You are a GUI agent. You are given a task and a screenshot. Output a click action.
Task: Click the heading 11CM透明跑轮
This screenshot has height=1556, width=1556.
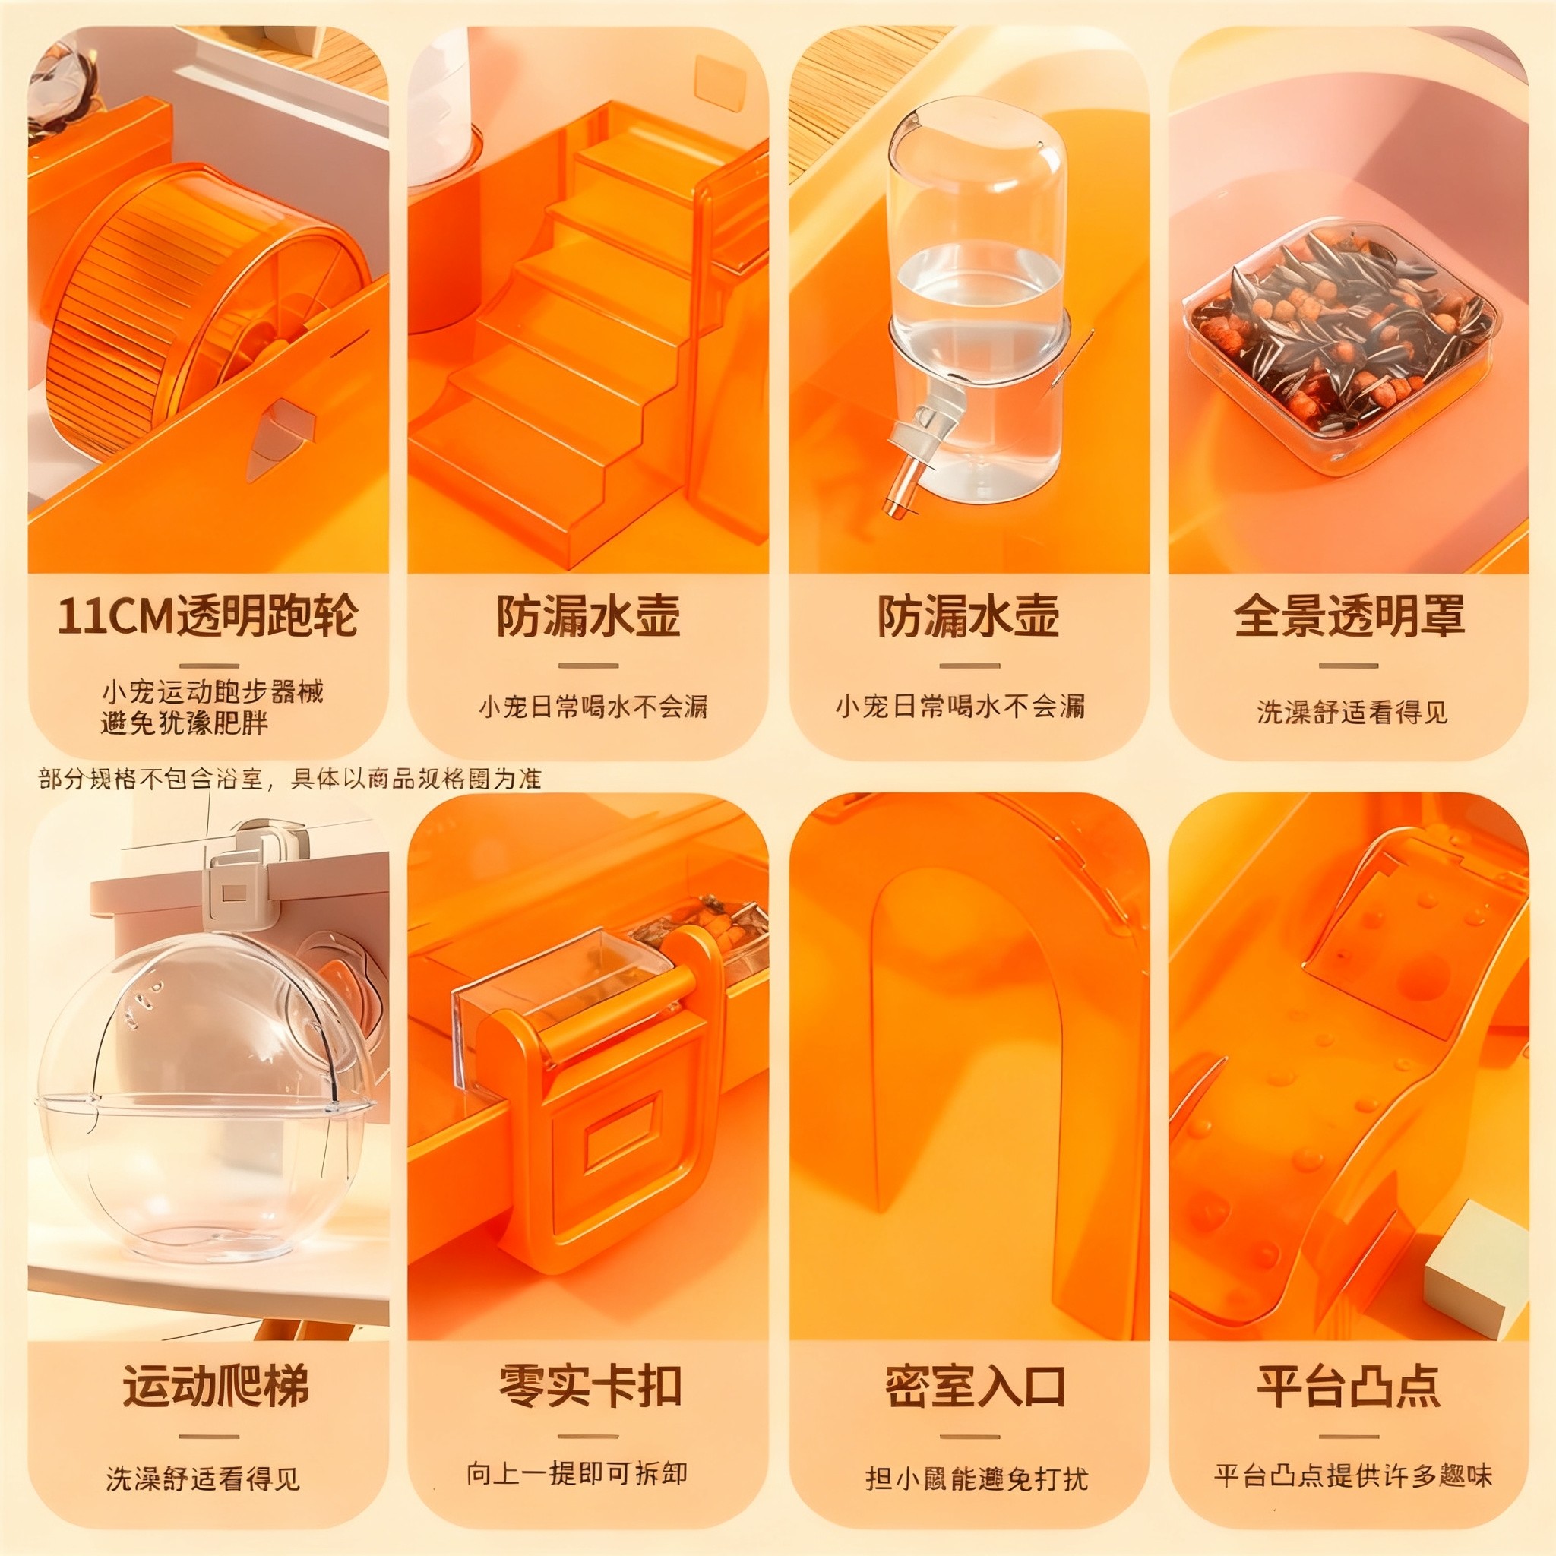207,617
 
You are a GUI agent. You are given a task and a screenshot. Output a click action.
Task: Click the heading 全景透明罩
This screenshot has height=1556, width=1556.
1349,617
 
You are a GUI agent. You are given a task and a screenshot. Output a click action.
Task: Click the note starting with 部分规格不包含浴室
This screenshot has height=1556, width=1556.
290,779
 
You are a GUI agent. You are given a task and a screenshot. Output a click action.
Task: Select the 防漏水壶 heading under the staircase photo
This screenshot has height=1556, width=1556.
588,617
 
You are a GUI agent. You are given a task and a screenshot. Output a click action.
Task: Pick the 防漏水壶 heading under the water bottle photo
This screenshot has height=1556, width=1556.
968,617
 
